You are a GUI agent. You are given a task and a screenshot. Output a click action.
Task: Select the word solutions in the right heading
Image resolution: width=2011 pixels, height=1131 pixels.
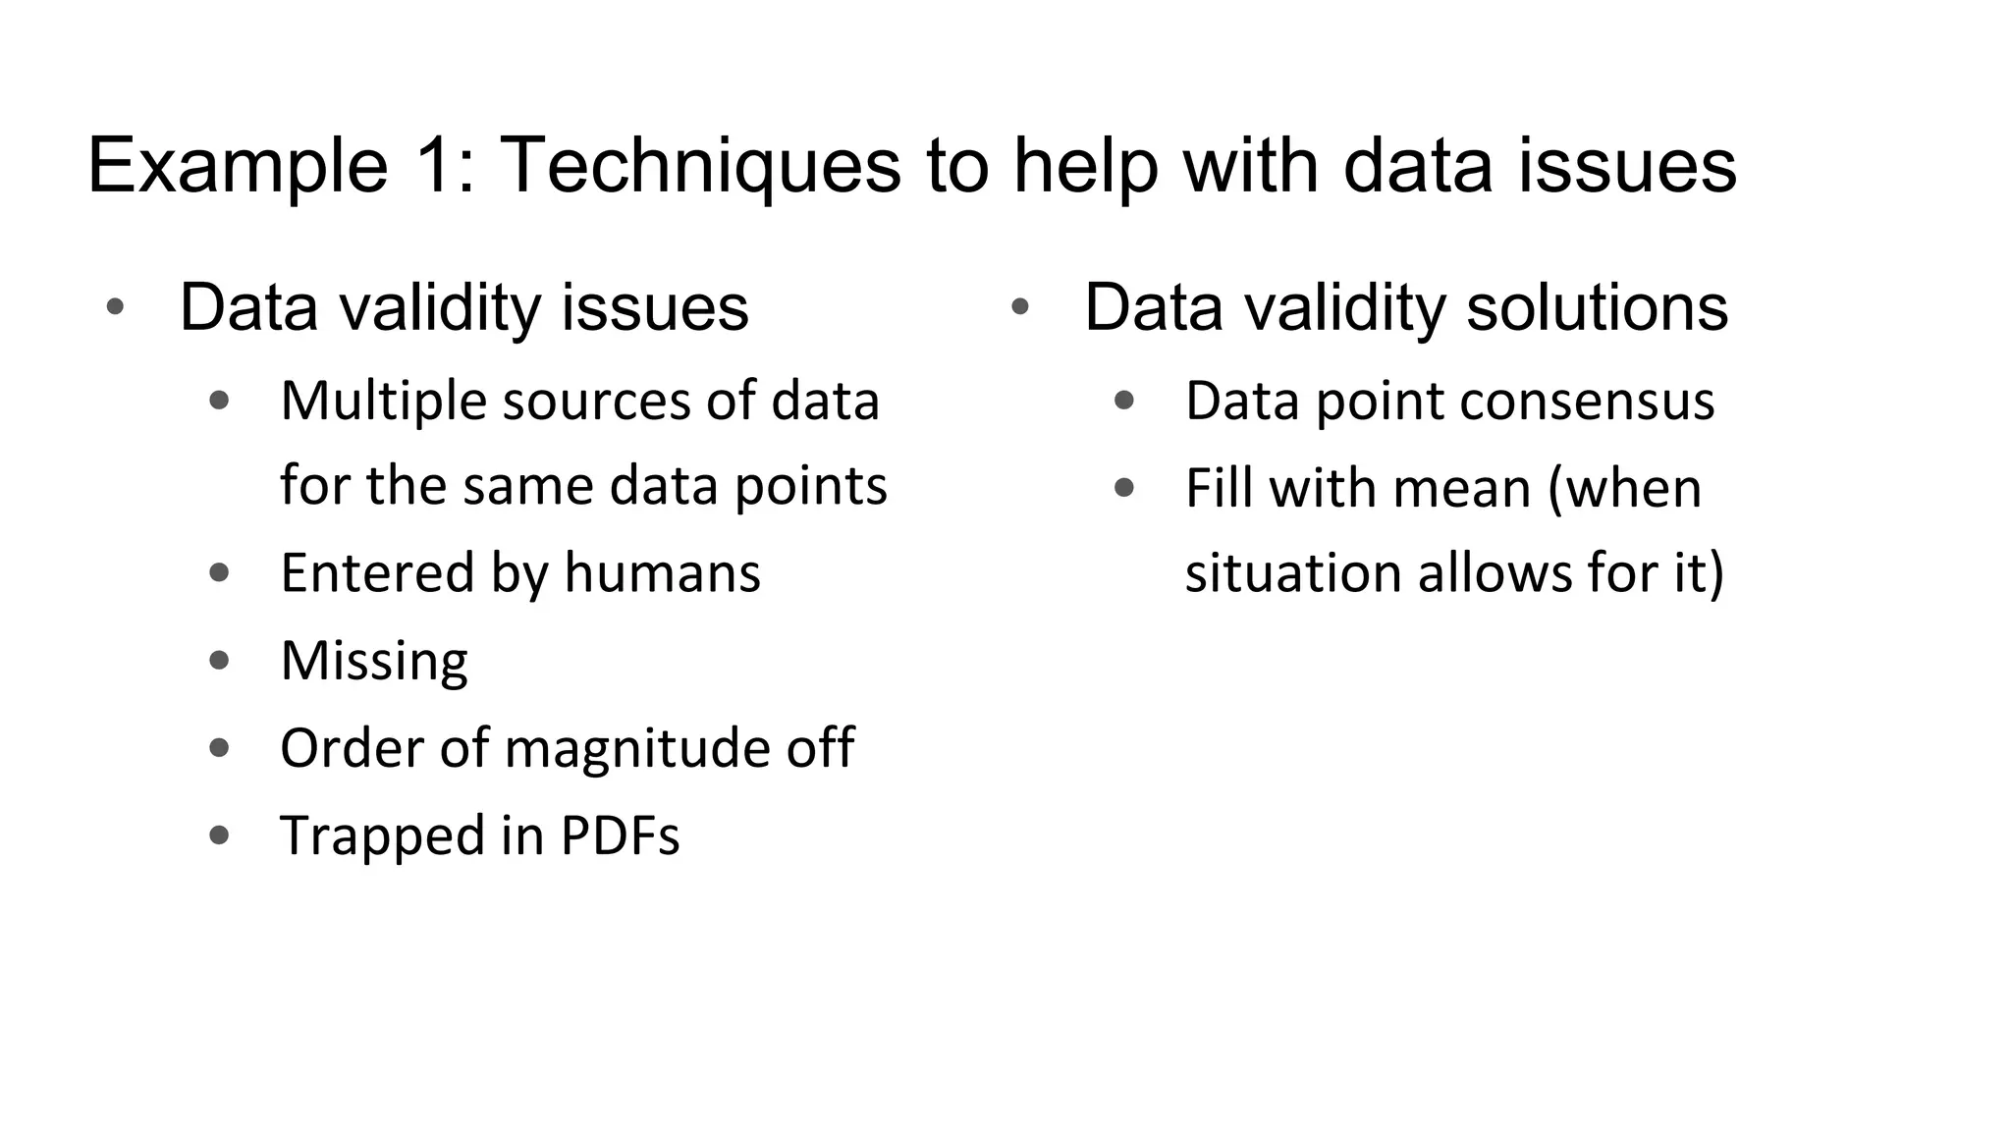point(1597,308)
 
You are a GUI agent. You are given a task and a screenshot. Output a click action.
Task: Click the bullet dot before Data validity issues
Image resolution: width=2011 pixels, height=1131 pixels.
point(115,307)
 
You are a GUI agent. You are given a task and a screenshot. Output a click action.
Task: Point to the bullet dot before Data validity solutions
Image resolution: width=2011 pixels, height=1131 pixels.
point(1019,307)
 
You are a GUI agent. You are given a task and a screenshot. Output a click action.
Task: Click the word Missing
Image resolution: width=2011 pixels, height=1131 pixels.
point(374,661)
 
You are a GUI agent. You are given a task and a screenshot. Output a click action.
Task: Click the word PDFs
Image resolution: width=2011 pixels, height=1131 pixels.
point(620,835)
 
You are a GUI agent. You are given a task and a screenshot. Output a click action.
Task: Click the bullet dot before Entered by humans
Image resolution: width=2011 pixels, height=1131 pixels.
point(220,572)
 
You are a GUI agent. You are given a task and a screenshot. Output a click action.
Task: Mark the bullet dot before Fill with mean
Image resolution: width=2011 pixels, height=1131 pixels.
point(1124,488)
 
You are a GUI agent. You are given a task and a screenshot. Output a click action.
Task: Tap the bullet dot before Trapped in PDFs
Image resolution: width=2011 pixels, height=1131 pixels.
point(220,835)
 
